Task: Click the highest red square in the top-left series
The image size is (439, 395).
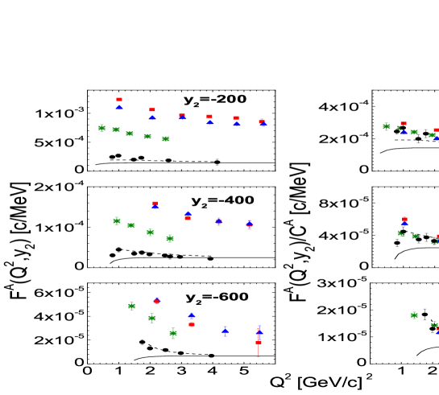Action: tap(119, 100)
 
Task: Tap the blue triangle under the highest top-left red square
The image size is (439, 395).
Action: tap(119, 107)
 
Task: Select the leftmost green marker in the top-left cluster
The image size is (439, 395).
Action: tap(101, 127)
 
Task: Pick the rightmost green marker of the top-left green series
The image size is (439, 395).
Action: tap(165, 138)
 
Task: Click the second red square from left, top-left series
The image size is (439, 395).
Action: tap(152, 110)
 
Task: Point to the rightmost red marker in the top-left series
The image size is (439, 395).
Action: tap(261, 121)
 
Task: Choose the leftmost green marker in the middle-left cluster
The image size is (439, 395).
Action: tap(117, 220)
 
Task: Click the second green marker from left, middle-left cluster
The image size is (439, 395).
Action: tap(130, 225)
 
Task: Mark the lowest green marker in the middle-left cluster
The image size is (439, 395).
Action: tap(170, 238)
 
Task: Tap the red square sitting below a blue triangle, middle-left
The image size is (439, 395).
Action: tap(188, 218)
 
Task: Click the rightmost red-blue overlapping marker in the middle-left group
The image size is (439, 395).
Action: tap(249, 224)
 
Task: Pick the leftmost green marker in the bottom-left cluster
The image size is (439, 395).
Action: tap(131, 306)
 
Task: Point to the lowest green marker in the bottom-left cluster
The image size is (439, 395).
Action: tap(173, 333)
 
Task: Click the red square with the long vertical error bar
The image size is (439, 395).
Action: tap(259, 343)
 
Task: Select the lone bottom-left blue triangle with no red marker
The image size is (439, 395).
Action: tap(226, 330)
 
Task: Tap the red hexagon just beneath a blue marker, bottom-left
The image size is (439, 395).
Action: tap(192, 325)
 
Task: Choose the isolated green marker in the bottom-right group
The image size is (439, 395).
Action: tap(414, 315)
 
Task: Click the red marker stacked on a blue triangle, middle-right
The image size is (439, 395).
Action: tap(404, 219)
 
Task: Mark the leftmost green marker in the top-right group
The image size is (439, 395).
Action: tap(387, 126)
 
